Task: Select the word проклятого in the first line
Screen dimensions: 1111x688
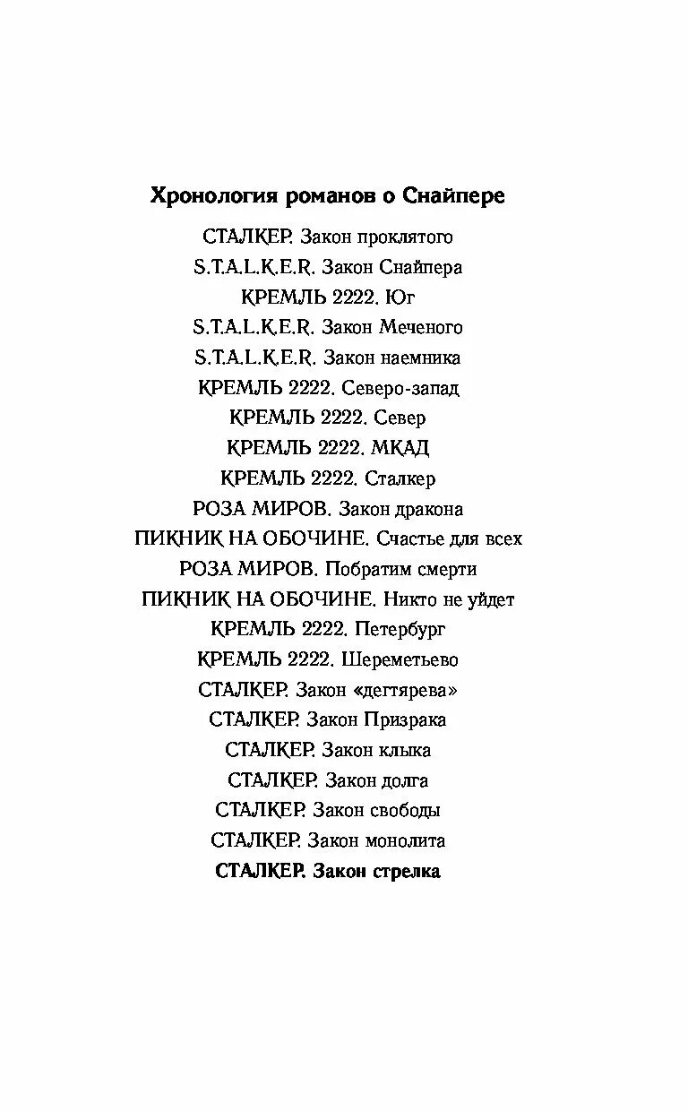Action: tap(405, 237)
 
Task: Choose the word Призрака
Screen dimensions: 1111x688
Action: tap(405, 720)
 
